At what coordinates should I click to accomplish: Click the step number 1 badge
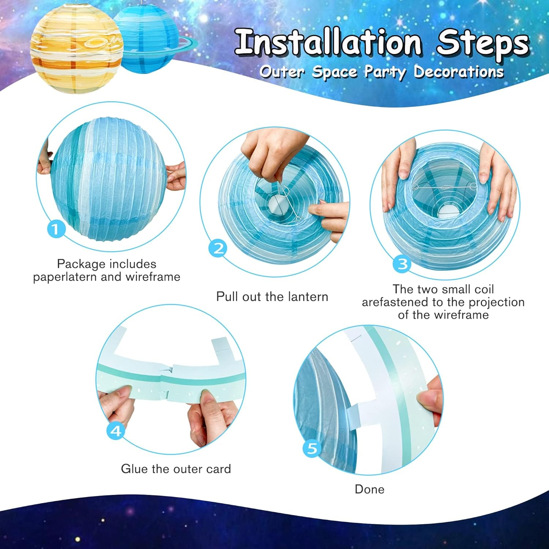(x=56, y=229)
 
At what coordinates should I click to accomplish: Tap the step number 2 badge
(x=219, y=248)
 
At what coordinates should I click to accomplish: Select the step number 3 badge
(x=402, y=264)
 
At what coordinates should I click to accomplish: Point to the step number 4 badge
(x=116, y=431)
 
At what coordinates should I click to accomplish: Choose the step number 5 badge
(x=312, y=448)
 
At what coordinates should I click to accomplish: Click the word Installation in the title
(x=328, y=43)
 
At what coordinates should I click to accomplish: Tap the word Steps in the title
(x=482, y=43)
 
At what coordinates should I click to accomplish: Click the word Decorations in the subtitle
(x=459, y=72)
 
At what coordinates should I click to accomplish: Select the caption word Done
(x=369, y=489)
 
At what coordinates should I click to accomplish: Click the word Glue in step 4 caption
(x=134, y=469)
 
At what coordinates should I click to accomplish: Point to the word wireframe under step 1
(x=153, y=277)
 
